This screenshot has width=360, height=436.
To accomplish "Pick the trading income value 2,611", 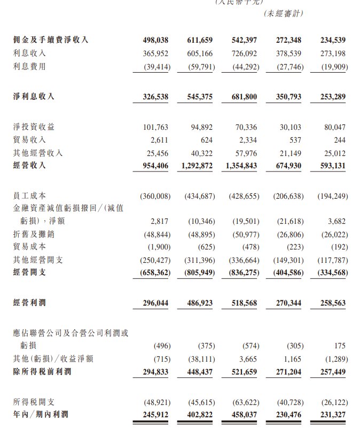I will tap(160, 140).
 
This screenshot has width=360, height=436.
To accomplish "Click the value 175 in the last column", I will tap(341, 346).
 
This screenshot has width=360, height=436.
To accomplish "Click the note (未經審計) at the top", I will tap(283, 14).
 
